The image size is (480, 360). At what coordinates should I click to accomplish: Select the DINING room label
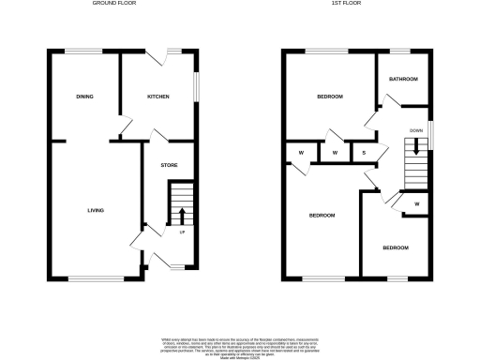[84, 97]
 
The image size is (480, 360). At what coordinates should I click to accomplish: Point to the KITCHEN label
[157, 97]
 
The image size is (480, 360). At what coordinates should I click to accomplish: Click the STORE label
[169, 166]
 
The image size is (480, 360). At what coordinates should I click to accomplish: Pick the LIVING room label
[96, 211]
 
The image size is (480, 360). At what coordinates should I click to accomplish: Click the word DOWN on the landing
[416, 130]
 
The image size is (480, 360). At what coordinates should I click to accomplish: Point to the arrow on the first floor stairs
[416, 148]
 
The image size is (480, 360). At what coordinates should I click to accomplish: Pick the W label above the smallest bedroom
[416, 203]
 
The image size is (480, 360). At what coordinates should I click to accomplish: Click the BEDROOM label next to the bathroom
[329, 97]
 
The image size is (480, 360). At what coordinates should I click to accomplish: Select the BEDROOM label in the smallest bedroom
[395, 247]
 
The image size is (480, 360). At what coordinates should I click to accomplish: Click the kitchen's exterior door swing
[165, 58]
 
